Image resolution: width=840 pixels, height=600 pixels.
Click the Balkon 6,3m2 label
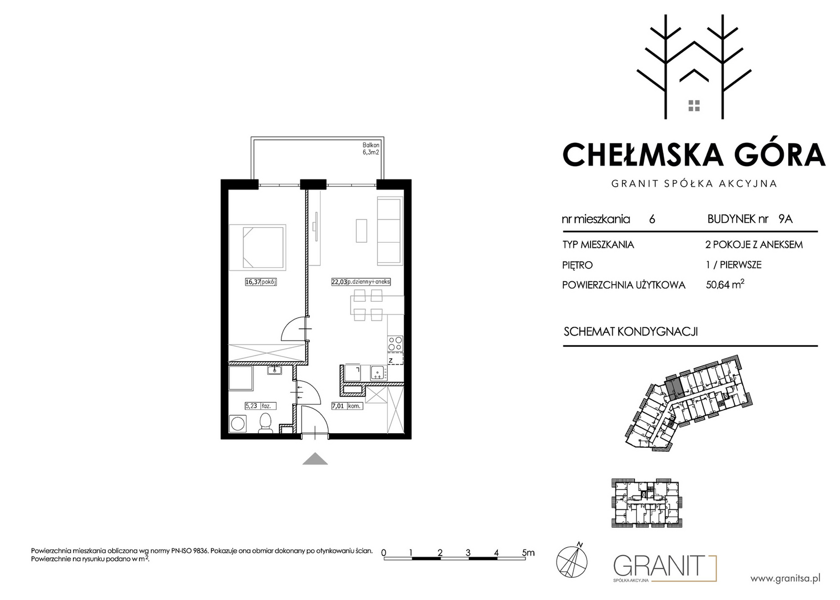pos(371,148)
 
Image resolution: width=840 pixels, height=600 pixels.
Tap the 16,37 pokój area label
pos(261,282)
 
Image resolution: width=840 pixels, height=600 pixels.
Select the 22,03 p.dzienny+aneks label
pos(361,282)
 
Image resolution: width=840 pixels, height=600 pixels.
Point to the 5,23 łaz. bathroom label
pos(261,406)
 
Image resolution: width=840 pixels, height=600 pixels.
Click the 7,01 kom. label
pos(347,406)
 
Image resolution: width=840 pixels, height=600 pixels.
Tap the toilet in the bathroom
pos(266,423)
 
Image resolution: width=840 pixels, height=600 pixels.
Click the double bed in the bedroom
pos(258,248)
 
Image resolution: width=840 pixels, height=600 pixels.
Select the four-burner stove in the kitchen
pos(395,343)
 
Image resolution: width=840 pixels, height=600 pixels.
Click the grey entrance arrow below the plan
pos(315,459)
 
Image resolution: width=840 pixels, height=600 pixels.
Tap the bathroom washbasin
pos(274,371)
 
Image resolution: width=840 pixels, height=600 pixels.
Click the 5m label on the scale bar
pos(528,552)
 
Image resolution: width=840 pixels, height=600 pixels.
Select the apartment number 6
pos(652,219)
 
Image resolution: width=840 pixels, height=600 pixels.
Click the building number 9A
pos(786,219)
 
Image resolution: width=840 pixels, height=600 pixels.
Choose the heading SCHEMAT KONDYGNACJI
pos(631,332)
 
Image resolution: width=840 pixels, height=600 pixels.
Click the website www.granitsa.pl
pos(785,578)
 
